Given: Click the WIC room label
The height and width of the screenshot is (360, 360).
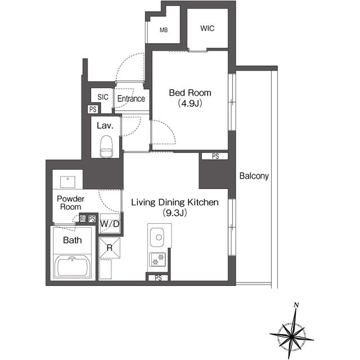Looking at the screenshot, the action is (x=207, y=29).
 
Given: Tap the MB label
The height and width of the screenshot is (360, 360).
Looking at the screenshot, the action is (x=164, y=30).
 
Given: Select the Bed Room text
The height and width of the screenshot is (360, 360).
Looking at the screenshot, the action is (x=190, y=93).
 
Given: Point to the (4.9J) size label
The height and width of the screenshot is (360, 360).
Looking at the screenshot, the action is (x=190, y=103).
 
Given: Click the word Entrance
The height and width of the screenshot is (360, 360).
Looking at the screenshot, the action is (x=131, y=99).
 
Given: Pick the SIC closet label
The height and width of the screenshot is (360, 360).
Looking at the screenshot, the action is (x=102, y=97).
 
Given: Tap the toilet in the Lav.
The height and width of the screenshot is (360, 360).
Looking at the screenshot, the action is (x=106, y=146).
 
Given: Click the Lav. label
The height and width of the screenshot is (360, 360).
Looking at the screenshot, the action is (x=105, y=125).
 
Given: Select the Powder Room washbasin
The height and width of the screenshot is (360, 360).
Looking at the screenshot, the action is (x=67, y=182).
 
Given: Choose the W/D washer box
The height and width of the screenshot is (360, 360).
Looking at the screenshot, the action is (x=110, y=224).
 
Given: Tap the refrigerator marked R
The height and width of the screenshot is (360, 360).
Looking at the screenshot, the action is (x=110, y=248).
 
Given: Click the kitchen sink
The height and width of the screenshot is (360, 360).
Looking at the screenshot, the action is (x=157, y=237).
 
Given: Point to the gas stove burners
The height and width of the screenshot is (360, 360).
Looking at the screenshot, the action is (x=157, y=259).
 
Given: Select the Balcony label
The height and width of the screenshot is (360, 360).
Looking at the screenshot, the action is (x=254, y=176).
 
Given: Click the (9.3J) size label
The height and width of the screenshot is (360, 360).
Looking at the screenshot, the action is (x=175, y=213).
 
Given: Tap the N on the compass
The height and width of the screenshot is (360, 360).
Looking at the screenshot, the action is (x=296, y=305).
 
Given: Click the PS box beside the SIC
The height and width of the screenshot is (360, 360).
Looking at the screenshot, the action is (x=93, y=109).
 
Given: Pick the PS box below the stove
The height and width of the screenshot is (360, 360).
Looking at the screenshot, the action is (x=158, y=278).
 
